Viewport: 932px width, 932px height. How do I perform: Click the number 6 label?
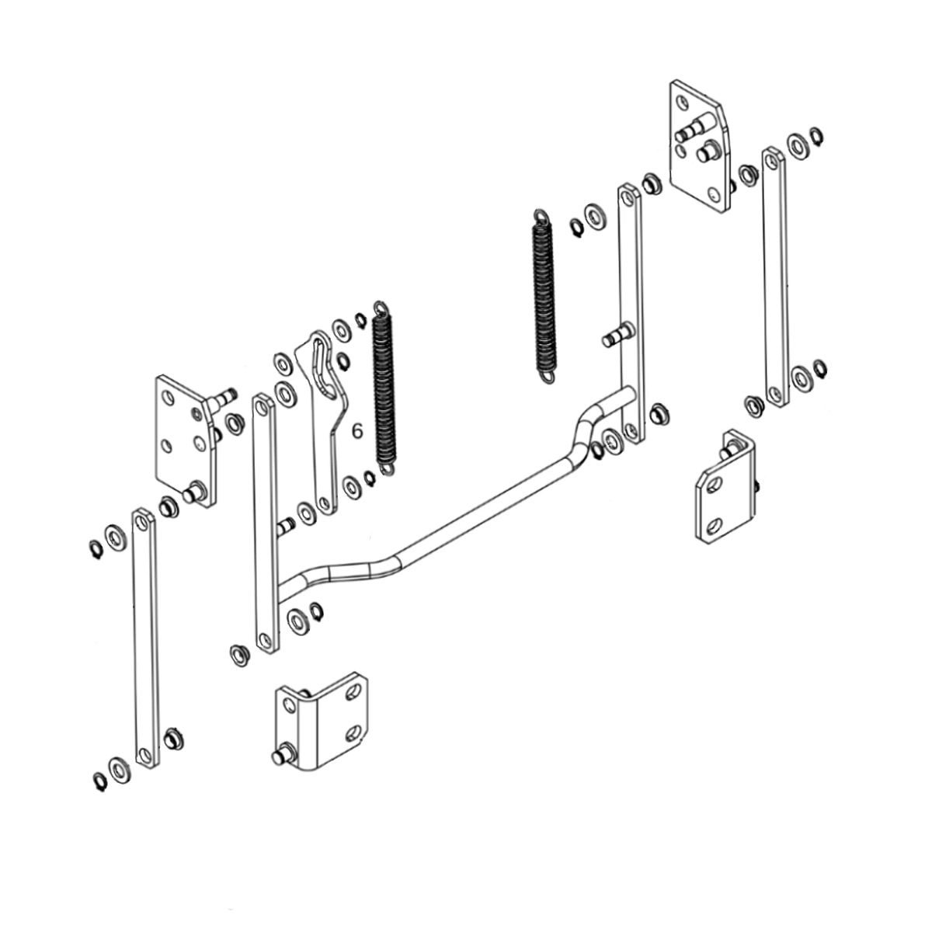[357, 431]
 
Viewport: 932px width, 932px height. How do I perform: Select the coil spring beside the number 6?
[385, 389]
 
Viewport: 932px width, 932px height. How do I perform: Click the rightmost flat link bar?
[774, 278]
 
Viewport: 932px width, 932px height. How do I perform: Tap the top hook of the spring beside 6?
[380, 308]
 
